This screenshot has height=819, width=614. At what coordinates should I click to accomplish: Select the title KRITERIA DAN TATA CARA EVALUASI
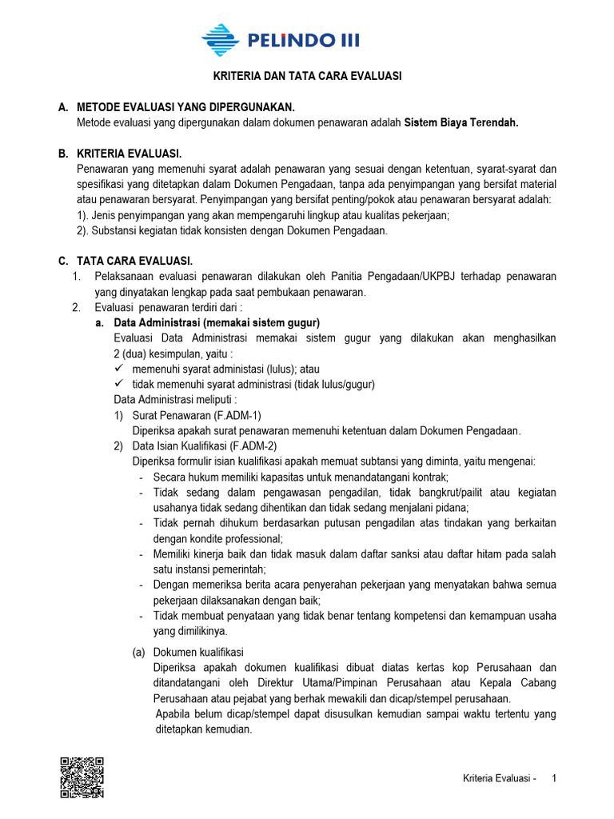point(306,77)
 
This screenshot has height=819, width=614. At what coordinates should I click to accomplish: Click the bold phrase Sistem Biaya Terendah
point(461,123)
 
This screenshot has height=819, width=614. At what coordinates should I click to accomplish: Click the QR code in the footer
point(82,776)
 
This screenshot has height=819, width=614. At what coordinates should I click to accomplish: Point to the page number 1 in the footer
point(556,778)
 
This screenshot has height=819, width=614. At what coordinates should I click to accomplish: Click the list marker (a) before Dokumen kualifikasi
point(139,652)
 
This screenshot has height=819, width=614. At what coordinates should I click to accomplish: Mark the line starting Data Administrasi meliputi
point(175,400)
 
